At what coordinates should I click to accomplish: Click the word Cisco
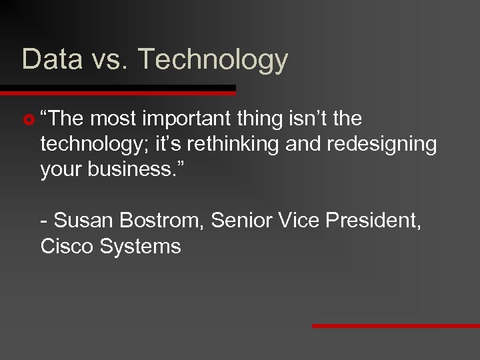tap(67, 246)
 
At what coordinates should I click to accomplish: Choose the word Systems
tap(140, 247)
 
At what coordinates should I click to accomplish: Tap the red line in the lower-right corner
tap(396, 326)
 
